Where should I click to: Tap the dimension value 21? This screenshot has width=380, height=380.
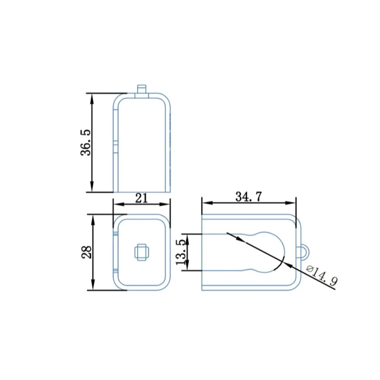coord(141,198)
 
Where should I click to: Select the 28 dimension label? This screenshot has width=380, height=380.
coord(87,252)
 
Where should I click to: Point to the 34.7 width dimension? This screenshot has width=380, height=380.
coord(249,197)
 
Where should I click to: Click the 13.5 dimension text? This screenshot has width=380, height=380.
coord(181,252)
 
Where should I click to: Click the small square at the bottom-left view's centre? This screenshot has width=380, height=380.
coord(142,252)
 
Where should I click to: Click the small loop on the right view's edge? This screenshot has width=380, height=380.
coord(305,252)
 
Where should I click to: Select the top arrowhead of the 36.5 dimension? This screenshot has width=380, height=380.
coord(92,99)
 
